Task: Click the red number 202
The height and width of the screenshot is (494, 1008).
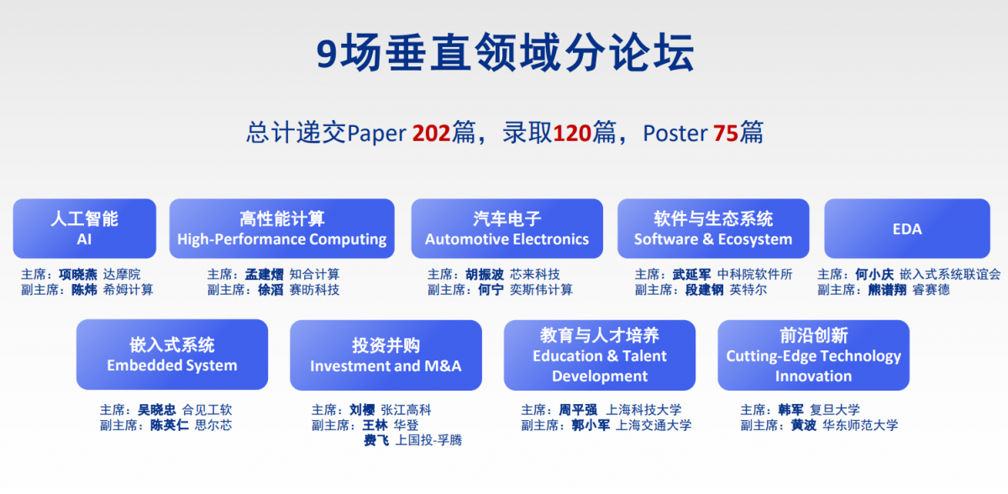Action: [x=432, y=134]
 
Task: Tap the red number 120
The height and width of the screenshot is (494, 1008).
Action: [x=572, y=134]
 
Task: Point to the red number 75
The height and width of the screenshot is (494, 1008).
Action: [x=726, y=134]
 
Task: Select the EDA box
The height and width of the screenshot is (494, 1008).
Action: [x=906, y=229]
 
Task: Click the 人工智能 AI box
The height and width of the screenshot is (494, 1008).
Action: [x=85, y=229]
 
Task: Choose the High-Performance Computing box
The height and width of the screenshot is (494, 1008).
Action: [x=281, y=229]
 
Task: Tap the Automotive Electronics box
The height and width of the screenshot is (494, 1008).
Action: [x=507, y=229]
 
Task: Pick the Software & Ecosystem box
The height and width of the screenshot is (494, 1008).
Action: [x=713, y=229]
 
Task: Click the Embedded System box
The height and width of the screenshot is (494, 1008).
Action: [x=172, y=355]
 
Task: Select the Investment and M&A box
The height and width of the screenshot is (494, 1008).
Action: [x=386, y=355]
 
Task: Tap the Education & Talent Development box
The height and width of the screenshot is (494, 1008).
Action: [x=600, y=355]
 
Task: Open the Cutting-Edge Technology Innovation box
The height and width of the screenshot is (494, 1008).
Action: [x=813, y=355]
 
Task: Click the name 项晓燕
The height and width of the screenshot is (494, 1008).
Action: [x=78, y=275]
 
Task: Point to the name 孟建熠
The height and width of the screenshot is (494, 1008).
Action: [x=264, y=275]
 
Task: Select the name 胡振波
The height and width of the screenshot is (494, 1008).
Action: [x=485, y=275]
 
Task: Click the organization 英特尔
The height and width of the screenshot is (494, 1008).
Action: [x=748, y=290]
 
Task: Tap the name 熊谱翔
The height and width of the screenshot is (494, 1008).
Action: [x=887, y=290]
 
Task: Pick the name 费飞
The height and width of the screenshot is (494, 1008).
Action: [x=376, y=440]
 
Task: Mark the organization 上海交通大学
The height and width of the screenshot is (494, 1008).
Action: [x=654, y=425]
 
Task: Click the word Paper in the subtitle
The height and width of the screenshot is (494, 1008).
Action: [x=376, y=134]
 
